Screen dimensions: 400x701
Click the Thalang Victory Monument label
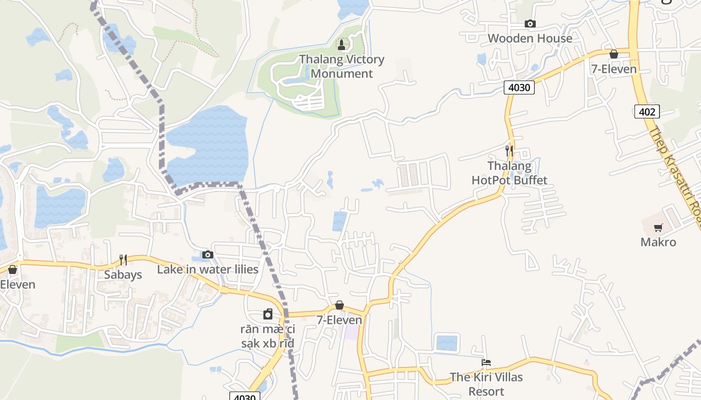click(342, 66)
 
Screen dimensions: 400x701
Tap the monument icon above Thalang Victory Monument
click(342, 45)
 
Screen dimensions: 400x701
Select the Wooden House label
click(530, 38)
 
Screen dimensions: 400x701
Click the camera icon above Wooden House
click(530, 23)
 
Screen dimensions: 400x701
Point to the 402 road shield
click(647, 111)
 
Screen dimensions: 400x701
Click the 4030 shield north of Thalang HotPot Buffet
click(519, 88)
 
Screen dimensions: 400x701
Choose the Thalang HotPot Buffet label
click(510, 173)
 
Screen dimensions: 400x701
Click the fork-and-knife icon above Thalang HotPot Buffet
click(509, 150)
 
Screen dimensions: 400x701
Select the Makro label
click(658, 242)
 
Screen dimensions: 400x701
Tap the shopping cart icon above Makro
click(658, 228)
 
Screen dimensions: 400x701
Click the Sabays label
click(123, 274)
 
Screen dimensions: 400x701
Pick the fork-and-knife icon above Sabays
click(123, 259)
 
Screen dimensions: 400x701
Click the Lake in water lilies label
click(208, 269)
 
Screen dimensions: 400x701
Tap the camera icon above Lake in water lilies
click(208, 255)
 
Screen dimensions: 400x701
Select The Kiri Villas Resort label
click(486, 384)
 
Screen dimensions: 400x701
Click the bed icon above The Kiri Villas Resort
click(486, 362)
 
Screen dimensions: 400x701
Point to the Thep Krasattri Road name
click(676, 175)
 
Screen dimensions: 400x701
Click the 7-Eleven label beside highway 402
click(614, 69)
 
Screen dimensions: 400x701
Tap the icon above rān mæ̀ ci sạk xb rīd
click(268, 314)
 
